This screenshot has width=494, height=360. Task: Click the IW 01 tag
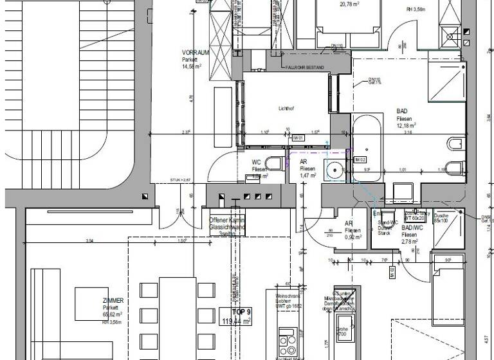298,138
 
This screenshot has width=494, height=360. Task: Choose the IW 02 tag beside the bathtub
360,159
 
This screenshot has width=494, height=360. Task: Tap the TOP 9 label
236,312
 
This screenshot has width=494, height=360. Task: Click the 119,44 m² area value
236,320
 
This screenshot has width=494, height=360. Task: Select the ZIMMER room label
113,300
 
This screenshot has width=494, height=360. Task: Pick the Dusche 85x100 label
442,218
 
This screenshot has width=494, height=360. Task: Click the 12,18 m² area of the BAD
406,127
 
